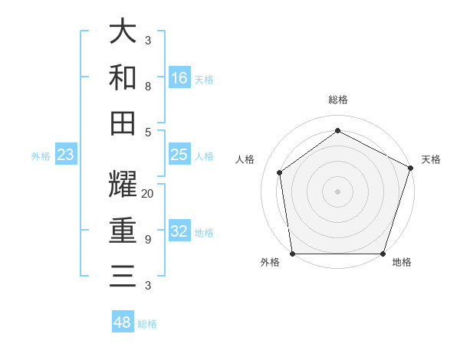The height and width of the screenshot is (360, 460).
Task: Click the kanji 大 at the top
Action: [x=123, y=32]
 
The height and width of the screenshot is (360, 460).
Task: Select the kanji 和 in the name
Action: [x=123, y=77]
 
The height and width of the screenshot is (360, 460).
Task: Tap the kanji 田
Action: [x=123, y=123]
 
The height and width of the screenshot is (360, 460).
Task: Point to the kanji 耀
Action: [x=123, y=185]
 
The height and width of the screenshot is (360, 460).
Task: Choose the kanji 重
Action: [x=123, y=230]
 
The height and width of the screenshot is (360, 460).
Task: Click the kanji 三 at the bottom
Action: [x=123, y=275]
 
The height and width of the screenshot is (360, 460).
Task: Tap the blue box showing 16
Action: [x=179, y=78]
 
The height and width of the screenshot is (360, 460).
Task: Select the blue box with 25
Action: [x=179, y=155]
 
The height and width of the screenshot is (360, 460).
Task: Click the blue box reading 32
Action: [x=179, y=232]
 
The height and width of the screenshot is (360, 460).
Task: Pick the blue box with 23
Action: [x=66, y=155]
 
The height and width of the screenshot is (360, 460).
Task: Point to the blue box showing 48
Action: [x=123, y=322]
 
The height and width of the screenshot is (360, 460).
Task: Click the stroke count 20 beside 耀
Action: [x=148, y=194]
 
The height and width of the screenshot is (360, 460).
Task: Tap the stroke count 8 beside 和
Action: [x=148, y=86]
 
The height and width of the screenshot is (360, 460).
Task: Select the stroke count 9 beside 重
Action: [x=148, y=240]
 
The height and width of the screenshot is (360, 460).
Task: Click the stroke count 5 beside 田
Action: [x=148, y=132]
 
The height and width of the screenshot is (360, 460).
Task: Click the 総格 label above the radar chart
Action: [x=337, y=100]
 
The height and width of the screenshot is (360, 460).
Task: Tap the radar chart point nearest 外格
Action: [x=293, y=253]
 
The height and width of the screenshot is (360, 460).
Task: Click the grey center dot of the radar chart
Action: [x=337, y=191]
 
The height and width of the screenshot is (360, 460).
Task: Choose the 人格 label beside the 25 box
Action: [x=204, y=156]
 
